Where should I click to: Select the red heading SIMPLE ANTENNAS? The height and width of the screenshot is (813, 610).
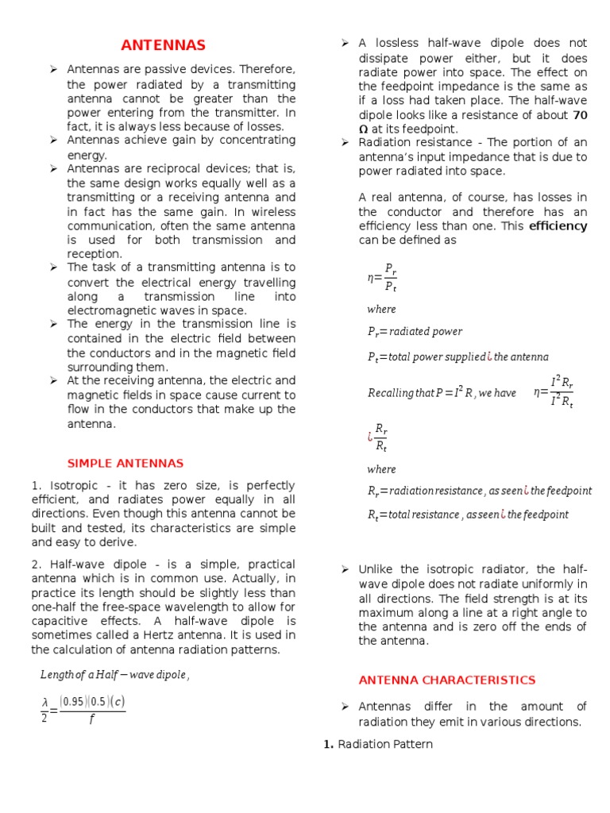click(x=125, y=463)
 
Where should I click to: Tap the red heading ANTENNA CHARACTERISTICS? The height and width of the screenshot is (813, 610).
click(x=446, y=680)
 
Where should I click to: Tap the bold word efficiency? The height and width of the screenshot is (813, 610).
click(x=558, y=225)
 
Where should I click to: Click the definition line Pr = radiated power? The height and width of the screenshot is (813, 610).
click(x=414, y=331)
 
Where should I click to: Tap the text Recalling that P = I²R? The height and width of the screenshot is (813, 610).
click(x=441, y=392)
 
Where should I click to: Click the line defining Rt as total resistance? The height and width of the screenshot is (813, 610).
click(x=467, y=514)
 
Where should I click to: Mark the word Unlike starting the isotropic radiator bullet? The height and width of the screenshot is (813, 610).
click(x=376, y=569)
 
